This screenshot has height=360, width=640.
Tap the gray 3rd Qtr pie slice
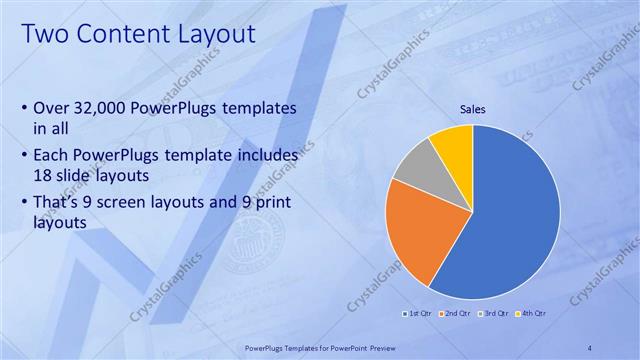point(413,165)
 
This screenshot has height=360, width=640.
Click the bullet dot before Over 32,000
point(24,108)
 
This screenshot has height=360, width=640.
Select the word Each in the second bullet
point(53,156)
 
